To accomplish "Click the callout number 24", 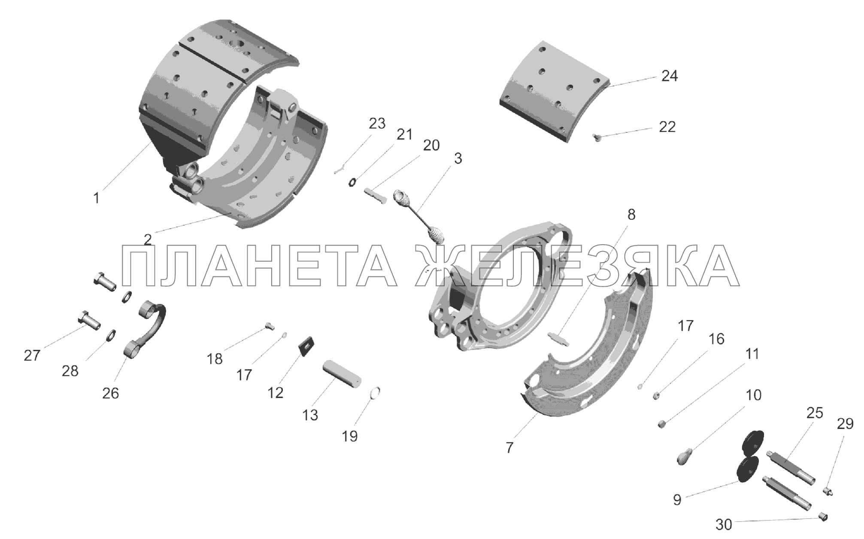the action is point(669,76).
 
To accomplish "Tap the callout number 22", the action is point(667,127).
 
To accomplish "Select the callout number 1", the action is point(96,199).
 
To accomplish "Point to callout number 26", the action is point(110,393).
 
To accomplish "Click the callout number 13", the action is point(310,415).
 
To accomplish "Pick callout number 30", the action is point(724,525).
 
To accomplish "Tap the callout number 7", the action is point(509,448).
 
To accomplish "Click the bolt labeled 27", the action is point(89,321).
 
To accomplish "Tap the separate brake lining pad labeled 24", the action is point(556,92).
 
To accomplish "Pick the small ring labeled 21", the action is point(352,183).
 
